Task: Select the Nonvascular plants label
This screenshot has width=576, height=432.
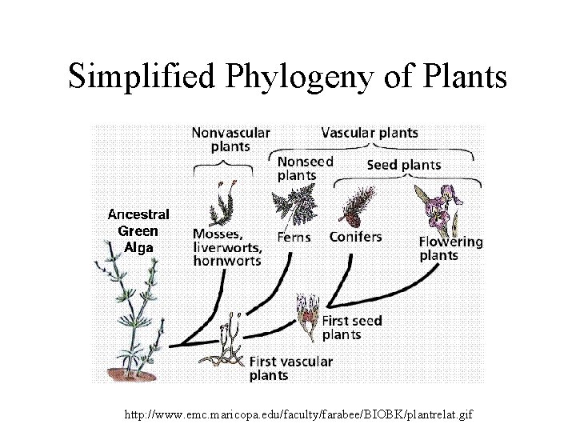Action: [230, 139]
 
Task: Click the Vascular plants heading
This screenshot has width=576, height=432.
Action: [369, 132]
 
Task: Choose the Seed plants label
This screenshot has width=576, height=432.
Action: [403, 166]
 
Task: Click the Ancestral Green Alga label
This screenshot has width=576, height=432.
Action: [138, 230]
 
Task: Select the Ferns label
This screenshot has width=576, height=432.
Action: [294, 238]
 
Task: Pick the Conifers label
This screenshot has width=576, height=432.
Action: [355, 237]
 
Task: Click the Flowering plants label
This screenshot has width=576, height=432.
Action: [451, 248]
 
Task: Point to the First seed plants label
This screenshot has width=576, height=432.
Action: [351, 327]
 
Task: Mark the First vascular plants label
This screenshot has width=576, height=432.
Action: [290, 368]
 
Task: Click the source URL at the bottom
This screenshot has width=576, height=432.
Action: [299, 415]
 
